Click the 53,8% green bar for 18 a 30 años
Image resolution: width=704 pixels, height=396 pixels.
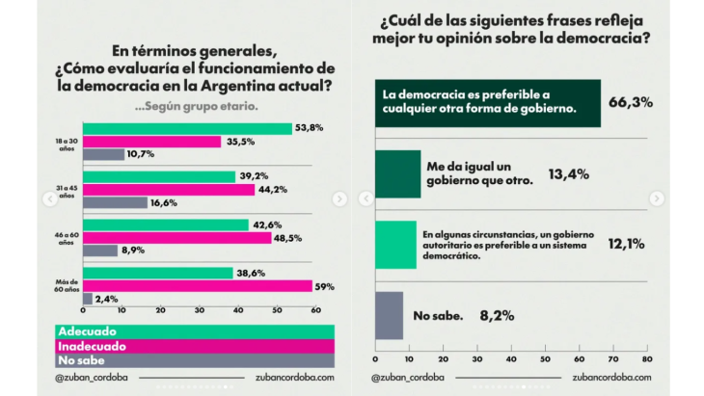point(187,128)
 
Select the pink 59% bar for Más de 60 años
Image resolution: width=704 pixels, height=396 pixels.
point(198,286)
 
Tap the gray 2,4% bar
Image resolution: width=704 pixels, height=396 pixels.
point(88,299)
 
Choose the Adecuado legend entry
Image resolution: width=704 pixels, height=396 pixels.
point(82,331)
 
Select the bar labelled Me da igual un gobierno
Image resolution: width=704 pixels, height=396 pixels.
point(397,173)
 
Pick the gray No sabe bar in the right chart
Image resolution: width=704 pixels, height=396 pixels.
point(389,315)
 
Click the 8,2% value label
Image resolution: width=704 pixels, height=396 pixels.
point(499,315)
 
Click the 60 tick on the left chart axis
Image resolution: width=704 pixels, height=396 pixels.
point(315,310)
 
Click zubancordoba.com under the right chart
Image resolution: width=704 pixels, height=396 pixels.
point(611,378)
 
